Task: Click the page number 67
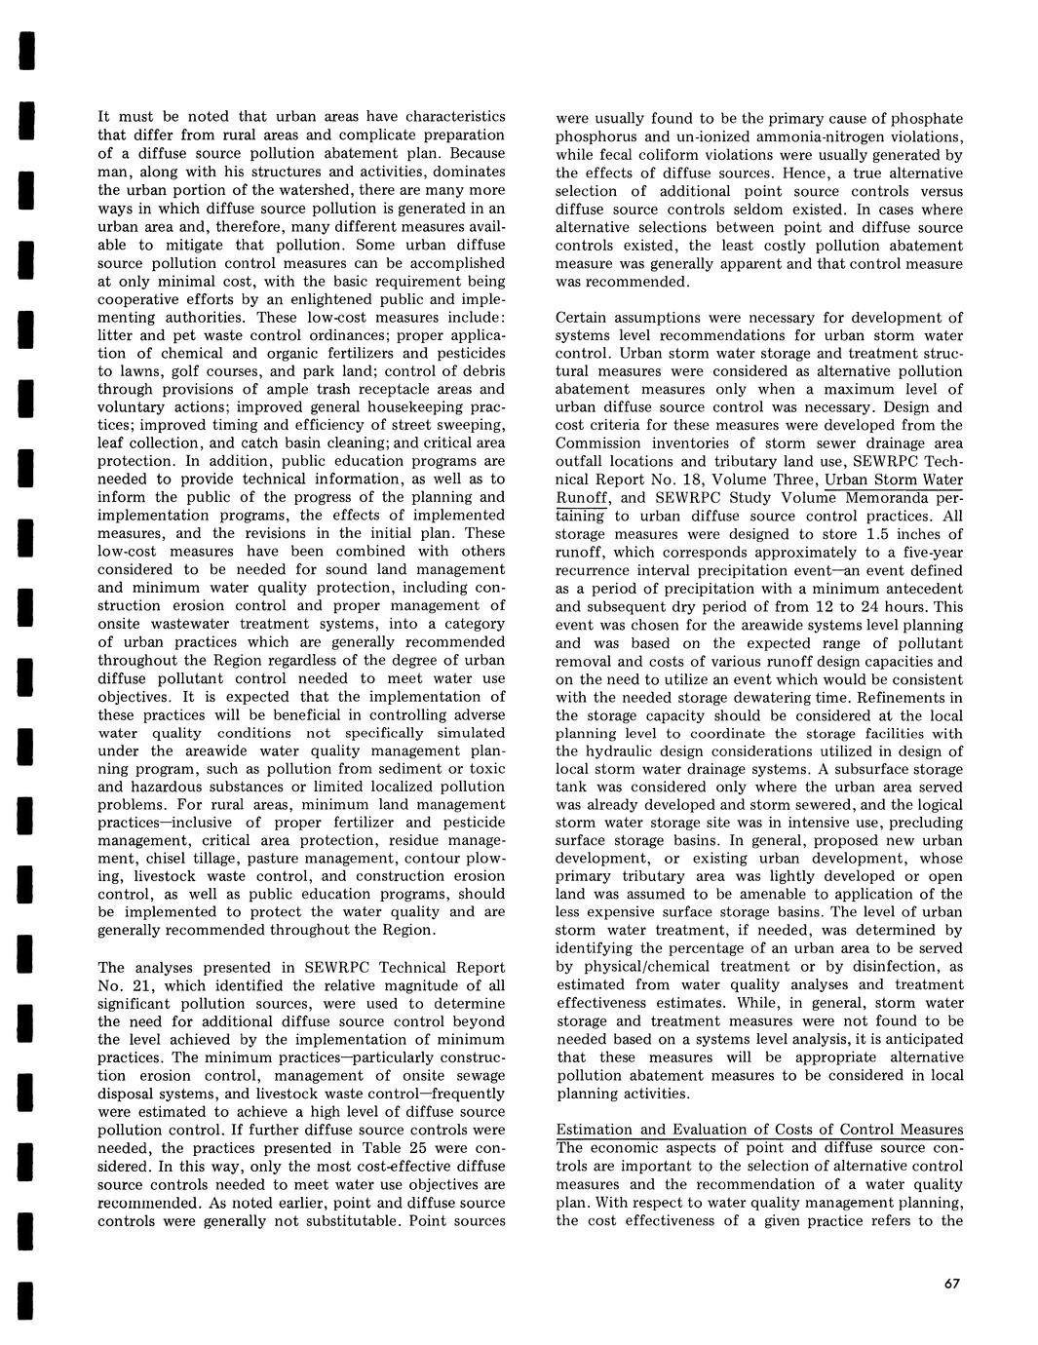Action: click(x=952, y=1284)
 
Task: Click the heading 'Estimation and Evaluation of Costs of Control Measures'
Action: click(x=759, y=1130)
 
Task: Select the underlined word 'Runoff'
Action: click(x=582, y=498)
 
